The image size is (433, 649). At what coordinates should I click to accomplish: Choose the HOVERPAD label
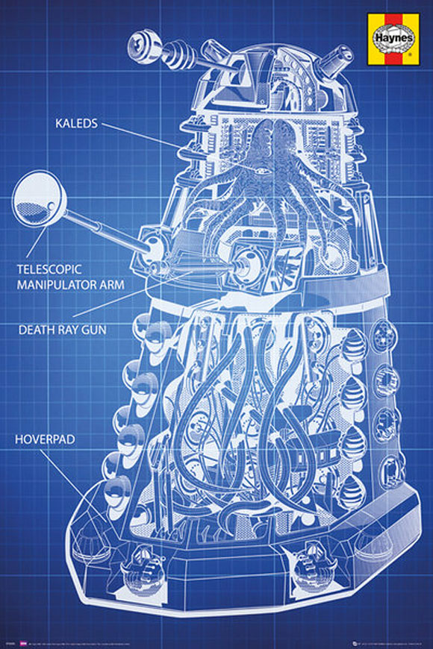(44, 439)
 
